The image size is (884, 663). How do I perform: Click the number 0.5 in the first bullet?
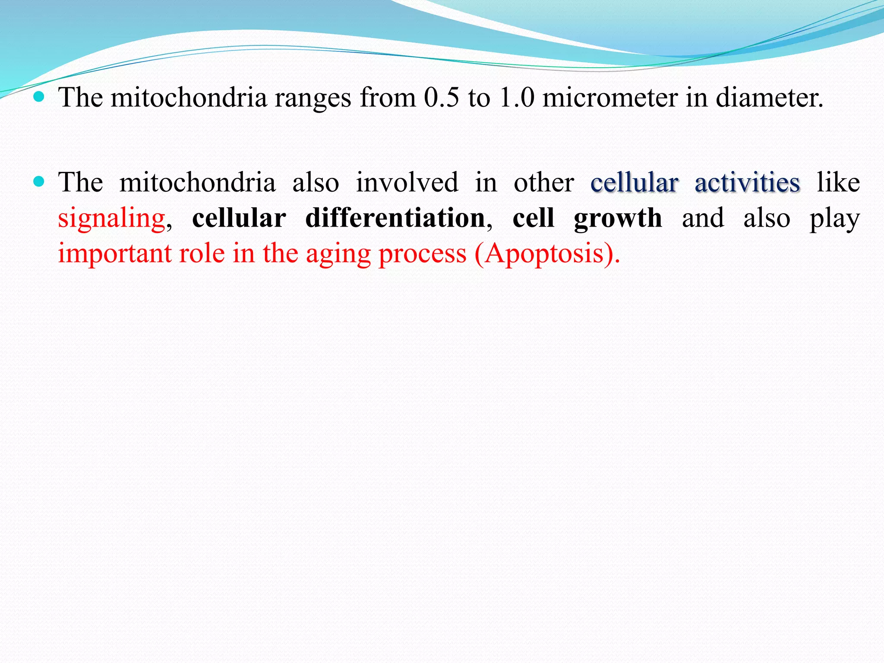coord(441,98)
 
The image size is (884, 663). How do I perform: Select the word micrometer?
coord(610,98)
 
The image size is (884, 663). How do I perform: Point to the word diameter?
coord(769,98)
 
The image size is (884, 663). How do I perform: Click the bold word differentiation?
coord(395,218)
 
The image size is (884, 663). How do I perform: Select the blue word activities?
coord(747,183)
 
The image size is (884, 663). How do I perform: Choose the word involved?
coord(407,183)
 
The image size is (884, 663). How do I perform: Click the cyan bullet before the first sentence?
coord(39,97)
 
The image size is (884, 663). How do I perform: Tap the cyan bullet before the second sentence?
coord(39,182)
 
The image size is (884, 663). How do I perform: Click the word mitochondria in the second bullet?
coord(198,183)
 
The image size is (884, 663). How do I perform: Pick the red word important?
coord(114,254)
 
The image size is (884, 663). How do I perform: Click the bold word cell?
coord(534,218)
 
